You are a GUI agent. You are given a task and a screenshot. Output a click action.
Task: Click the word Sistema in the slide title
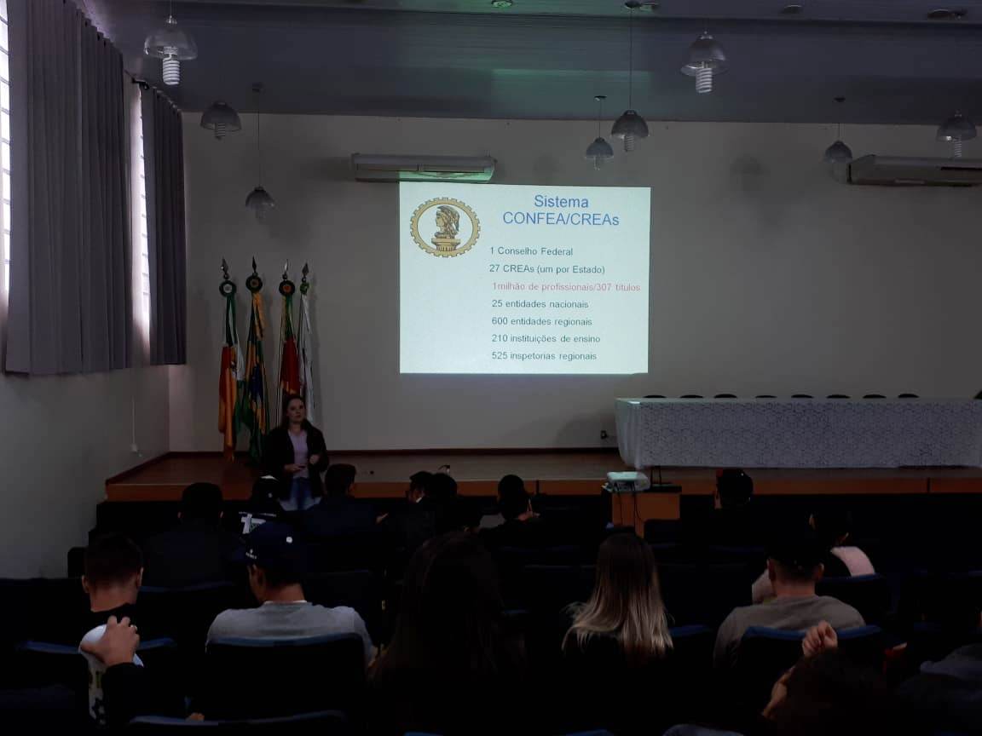pos(561,202)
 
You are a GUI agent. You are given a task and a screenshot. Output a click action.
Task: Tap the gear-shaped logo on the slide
pos(445,227)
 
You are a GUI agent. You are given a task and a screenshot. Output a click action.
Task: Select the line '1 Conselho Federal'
pos(531,251)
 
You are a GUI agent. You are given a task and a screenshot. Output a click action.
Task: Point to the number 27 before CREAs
pos(494,269)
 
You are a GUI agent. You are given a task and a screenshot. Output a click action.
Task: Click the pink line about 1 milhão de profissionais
pos(566,286)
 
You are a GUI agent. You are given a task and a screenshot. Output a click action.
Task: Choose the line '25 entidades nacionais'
pos(540,303)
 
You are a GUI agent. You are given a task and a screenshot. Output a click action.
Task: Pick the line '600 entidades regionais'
pos(542,321)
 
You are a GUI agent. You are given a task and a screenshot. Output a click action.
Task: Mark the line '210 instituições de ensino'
pos(546,338)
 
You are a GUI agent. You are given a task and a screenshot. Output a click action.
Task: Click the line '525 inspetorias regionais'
pos(544,355)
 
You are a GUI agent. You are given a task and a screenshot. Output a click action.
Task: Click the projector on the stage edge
pos(627,480)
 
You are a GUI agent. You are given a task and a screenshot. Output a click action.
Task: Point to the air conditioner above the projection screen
pos(424,167)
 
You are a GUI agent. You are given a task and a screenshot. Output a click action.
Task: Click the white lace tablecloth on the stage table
pos(799,432)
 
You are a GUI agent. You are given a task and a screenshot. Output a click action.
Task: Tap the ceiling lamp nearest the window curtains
pos(170,50)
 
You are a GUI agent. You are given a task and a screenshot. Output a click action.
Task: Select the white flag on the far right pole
pos(306,350)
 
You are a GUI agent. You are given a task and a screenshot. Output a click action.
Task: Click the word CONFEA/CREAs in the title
pos(561,219)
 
